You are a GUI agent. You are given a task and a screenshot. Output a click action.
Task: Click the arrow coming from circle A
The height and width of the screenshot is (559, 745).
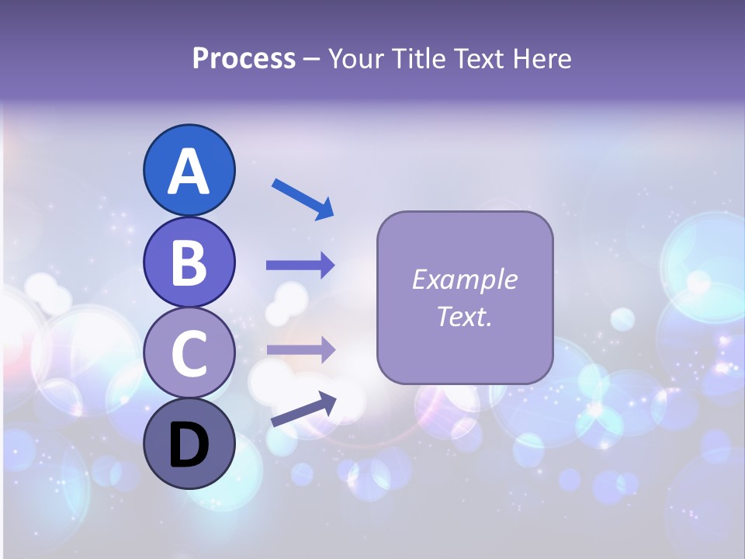tap(303, 199)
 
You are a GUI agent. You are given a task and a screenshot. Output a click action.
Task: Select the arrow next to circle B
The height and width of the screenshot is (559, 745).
tap(300, 265)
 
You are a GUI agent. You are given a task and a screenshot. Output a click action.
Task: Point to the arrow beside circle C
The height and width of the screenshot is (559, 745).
tap(300, 349)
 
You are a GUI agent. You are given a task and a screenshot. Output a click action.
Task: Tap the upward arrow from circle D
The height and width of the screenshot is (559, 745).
tap(303, 410)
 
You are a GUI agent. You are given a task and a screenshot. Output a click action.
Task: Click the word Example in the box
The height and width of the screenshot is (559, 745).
tap(465, 279)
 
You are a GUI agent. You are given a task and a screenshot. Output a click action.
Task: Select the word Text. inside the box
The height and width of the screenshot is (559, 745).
tap(465, 317)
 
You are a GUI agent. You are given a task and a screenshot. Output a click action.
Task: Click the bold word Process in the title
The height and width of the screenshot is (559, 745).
tap(244, 58)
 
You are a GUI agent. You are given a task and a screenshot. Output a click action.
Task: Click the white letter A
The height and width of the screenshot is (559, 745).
tap(189, 172)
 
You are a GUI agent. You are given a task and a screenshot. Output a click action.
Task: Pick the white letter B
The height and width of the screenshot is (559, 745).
tap(189, 262)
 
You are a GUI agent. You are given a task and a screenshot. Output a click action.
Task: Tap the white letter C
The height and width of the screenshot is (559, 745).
tap(189, 354)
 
